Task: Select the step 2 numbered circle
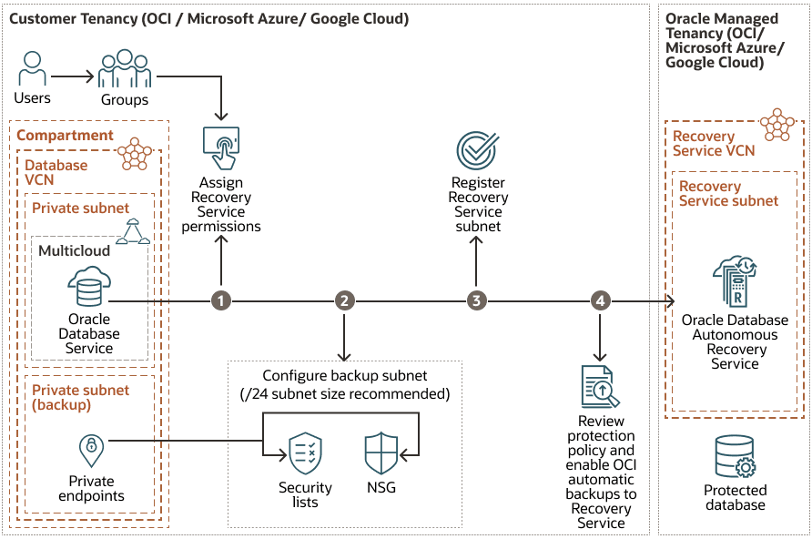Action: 344,300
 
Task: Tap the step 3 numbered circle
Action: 475,300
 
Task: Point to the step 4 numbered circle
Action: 599,300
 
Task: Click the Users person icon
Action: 33,69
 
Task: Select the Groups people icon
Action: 125,70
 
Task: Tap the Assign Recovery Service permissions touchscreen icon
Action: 221,145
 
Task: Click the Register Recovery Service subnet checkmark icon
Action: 477,149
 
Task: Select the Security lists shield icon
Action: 305,453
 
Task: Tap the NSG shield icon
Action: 381,453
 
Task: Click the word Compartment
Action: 65,136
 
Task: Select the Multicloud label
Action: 74,250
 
